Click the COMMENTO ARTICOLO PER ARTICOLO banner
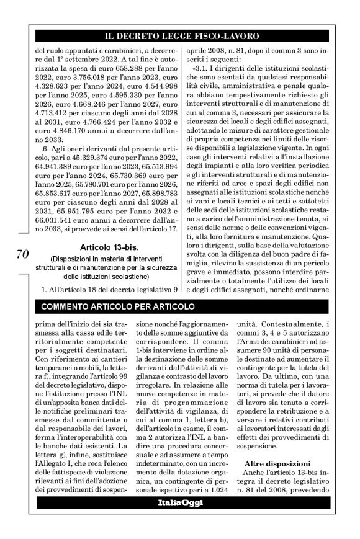(x=117, y=306)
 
